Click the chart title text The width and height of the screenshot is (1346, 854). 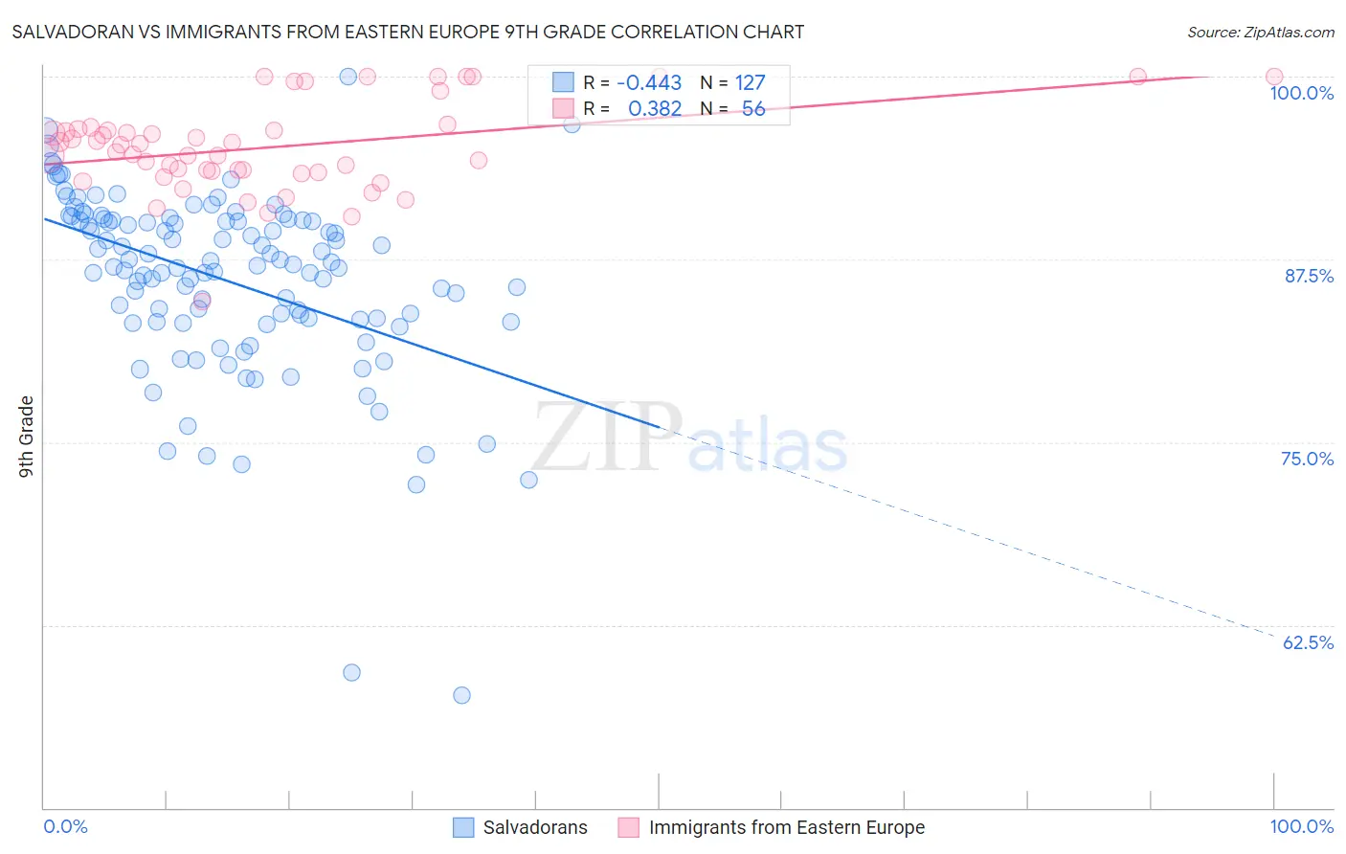point(408,32)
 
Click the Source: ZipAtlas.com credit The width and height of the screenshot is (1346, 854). point(1260,32)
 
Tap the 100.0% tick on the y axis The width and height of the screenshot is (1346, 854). point(1301,93)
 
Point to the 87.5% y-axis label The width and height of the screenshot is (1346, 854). point(1309,276)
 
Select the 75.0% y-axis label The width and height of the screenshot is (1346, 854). point(1307,459)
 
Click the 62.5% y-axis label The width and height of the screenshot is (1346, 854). point(1308,642)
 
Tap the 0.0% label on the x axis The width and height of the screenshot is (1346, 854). point(65,826)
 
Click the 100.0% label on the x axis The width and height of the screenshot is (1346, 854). point(1301,826)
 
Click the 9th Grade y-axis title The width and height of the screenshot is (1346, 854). point(27,436)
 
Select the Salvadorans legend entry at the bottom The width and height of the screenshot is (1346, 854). point(534,827)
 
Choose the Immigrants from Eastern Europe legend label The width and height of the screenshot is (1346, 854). point(786,827)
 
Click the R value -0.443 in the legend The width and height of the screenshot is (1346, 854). point(649,83)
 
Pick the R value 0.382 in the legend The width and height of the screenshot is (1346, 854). point(655,109)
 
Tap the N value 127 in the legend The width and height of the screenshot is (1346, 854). point(750,83)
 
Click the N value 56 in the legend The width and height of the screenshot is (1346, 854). point(753,109)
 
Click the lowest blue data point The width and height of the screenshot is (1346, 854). point(461,695)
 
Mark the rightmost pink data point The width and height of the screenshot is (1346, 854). point(1274,77)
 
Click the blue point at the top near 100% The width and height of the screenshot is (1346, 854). point(348,77)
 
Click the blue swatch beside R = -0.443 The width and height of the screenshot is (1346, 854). point(563,83)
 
